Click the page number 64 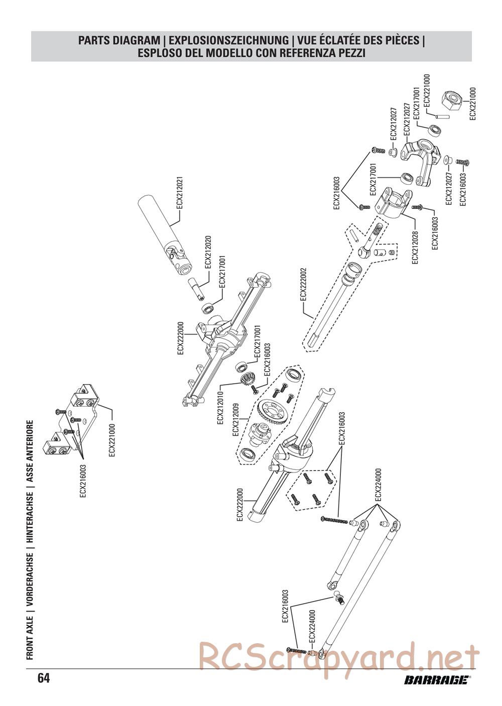pyautogui.click(x=43, y=678)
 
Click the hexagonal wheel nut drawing pyautogui.click(x=451, y=100)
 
